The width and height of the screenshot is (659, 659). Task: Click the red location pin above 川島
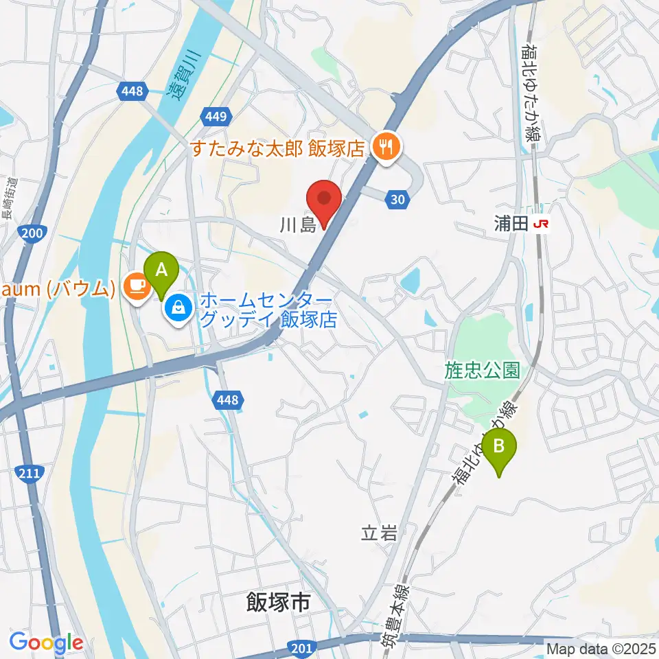(x=323, y=201)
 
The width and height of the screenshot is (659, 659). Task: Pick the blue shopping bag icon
(x=178, y=308)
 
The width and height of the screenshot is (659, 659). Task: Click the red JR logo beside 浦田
(x=544, y=224)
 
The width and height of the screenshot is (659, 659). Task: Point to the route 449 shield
(x=215, y=117)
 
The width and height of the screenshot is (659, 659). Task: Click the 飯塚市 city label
(x=277, y=603)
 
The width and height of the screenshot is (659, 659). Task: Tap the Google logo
(x=46, y=643)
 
